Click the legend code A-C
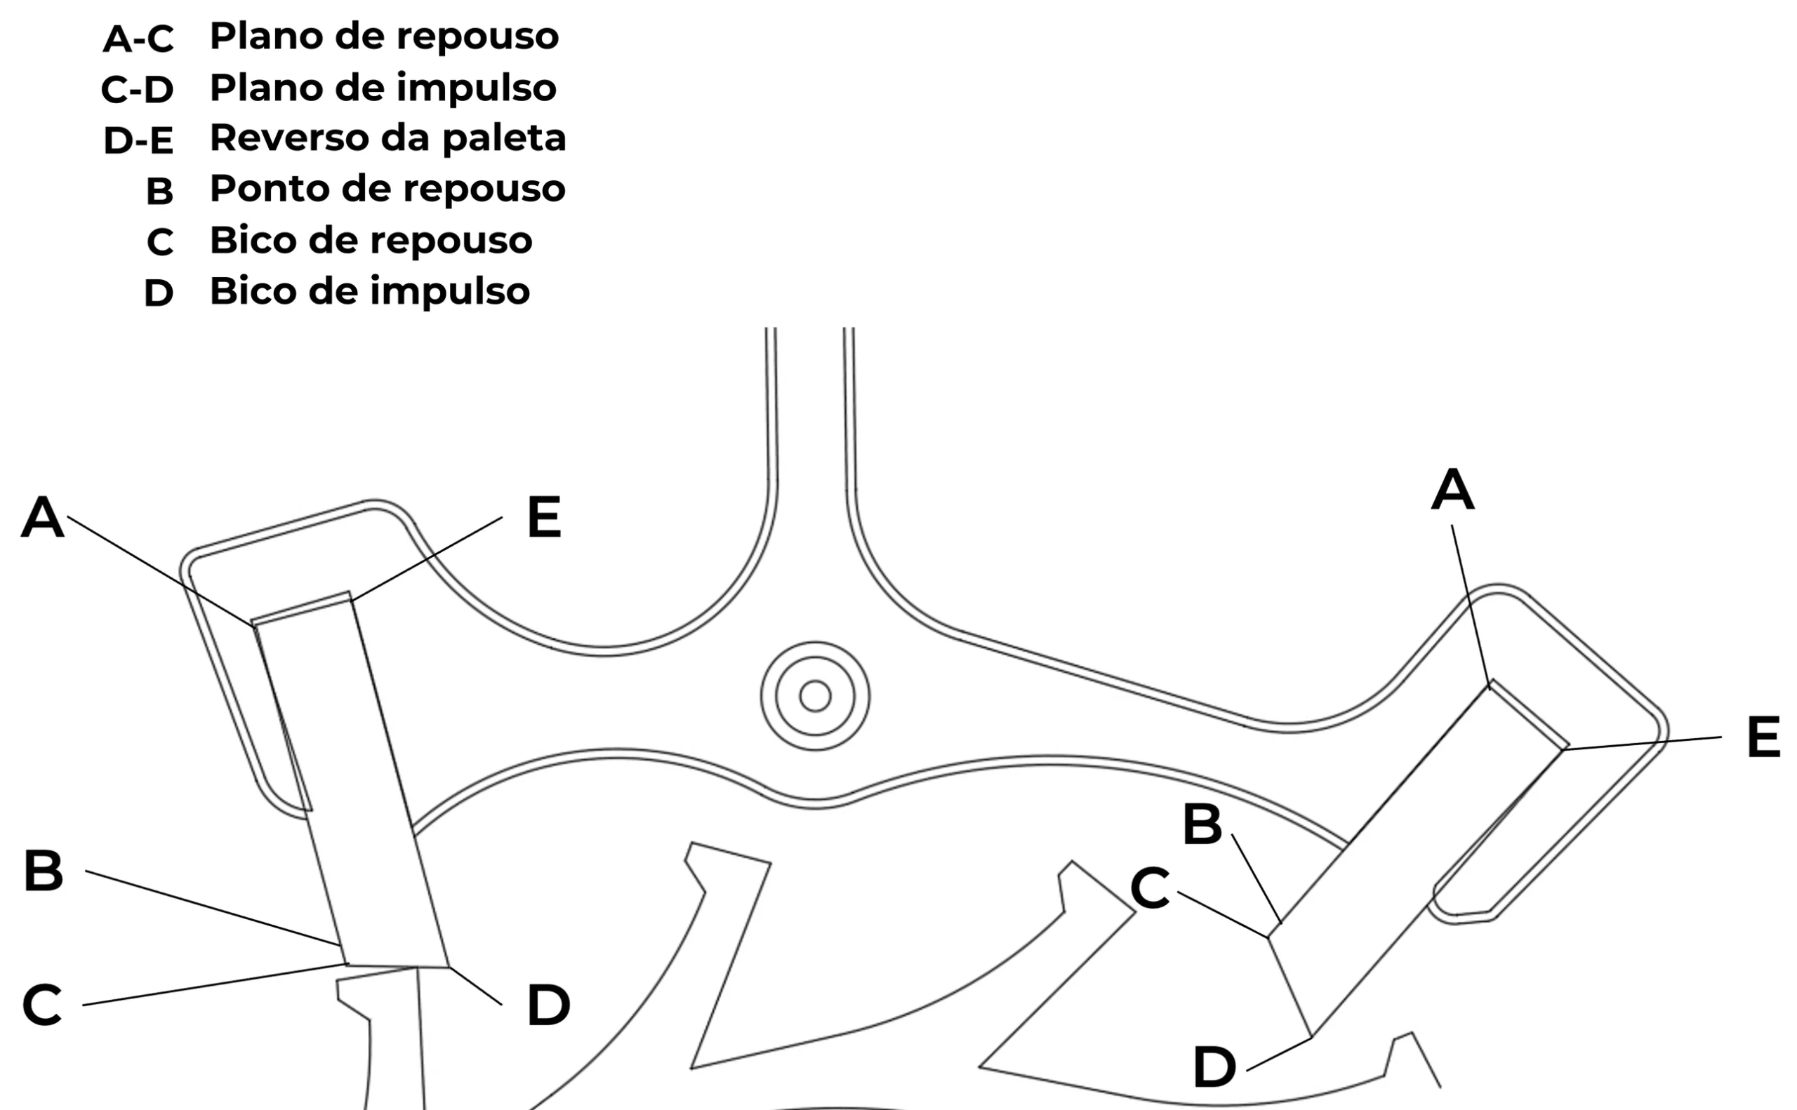coord(138,39)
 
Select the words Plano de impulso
coord(383,89)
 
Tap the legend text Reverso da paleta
coord(387,138)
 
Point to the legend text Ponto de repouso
coord(387,189)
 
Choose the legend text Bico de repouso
coord(371,241)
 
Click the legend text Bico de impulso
coord(369,291)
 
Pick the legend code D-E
coord(138,140)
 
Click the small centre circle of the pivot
coord(814,695)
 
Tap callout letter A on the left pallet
coord(43,517)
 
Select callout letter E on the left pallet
coord(543,518)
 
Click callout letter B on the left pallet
coord(43,871)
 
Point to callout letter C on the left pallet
coord(42,1005)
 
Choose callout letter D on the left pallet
coord(548,1005)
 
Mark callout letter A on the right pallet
coord(1452,490)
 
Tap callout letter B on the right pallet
coord(1202,824)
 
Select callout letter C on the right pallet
coord(1149,888)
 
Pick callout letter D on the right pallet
coord(1214,1067)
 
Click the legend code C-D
coord(138,90)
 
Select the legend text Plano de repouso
coord(384,37)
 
